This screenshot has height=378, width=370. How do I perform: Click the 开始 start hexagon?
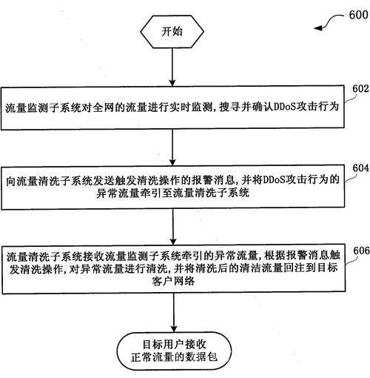[x=172, y=32]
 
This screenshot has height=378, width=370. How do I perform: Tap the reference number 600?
[x=359, y=15]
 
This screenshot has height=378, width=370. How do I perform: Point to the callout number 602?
[x=360, y=89]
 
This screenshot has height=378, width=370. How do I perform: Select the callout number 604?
[x=361, y=168]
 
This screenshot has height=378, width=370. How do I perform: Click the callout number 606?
[x=361, y=251]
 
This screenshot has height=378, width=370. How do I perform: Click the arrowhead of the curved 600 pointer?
[x=317, y=28]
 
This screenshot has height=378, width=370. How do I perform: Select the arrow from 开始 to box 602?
[x=172, y=67]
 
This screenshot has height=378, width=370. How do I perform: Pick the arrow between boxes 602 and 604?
[x=172, y=147]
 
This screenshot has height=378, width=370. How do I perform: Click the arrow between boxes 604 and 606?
[x=173, y=227]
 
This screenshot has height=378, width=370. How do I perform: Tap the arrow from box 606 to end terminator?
[x=174, y=313]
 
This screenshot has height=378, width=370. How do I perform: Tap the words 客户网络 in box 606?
[x=173, y=281]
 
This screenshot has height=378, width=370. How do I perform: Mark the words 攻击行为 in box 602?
[x=317, y=107]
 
